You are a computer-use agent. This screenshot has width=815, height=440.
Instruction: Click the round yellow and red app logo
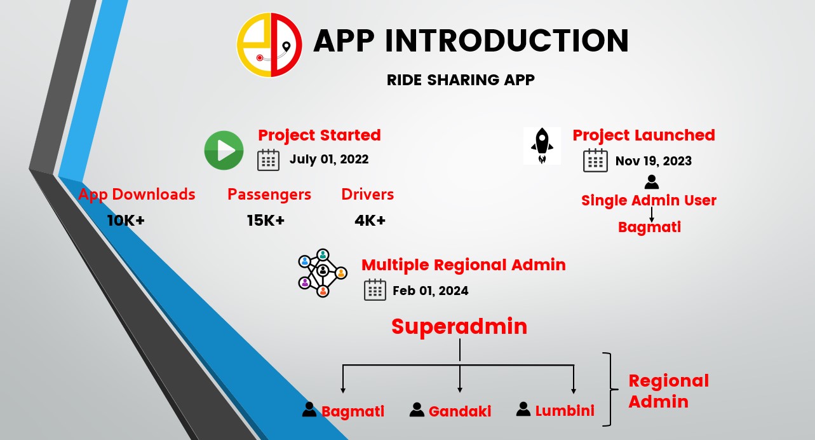269,45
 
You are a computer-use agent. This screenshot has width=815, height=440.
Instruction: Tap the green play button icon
224,150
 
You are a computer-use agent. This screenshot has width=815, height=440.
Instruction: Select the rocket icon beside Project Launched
542,146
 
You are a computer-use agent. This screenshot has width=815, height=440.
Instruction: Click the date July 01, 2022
329,160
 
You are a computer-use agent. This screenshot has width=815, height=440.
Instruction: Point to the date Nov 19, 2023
654,161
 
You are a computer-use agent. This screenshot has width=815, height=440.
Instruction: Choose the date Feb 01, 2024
431,291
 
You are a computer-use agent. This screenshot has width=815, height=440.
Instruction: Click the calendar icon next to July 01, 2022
269,160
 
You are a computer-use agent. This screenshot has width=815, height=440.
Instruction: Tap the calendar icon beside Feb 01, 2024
375,290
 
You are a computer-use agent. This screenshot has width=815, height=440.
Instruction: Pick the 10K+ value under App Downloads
126,221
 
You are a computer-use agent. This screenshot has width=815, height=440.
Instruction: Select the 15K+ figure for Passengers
266,221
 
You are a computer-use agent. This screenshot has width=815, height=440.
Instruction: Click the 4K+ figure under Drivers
370,221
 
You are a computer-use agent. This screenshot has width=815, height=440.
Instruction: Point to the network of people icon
323,273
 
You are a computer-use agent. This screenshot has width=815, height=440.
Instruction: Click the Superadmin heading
459,326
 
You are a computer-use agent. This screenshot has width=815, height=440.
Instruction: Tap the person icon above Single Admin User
652,182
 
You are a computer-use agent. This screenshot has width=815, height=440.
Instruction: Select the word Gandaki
460,411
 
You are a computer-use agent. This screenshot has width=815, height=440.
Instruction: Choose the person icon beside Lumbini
523,409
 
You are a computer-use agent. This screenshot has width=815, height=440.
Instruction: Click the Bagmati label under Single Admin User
649,227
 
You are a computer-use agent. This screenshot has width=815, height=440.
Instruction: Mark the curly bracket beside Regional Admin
610,389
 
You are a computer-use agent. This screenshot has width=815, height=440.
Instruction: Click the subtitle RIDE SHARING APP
461,79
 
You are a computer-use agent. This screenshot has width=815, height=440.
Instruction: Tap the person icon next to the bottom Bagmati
309,409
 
